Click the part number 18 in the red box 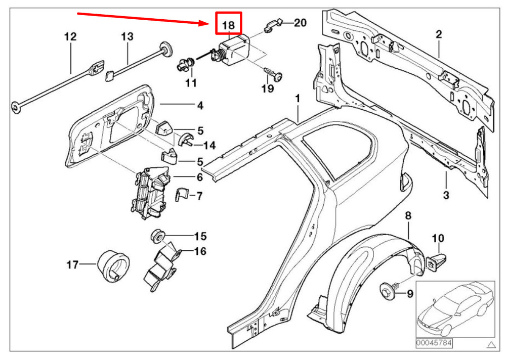[x=229, y=25]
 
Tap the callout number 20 [x=300, y=23]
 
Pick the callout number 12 [x=70, y=36]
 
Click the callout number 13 [x=127, y=36]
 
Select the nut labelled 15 [x=158, y=236]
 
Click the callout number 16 [x=200, y=251]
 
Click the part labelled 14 [x=185, y=140]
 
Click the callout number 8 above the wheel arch [x=408, y=215]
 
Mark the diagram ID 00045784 [x=434, y=343]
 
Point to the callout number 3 [x=446, y=195]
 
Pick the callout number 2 [x=439, y=34]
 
